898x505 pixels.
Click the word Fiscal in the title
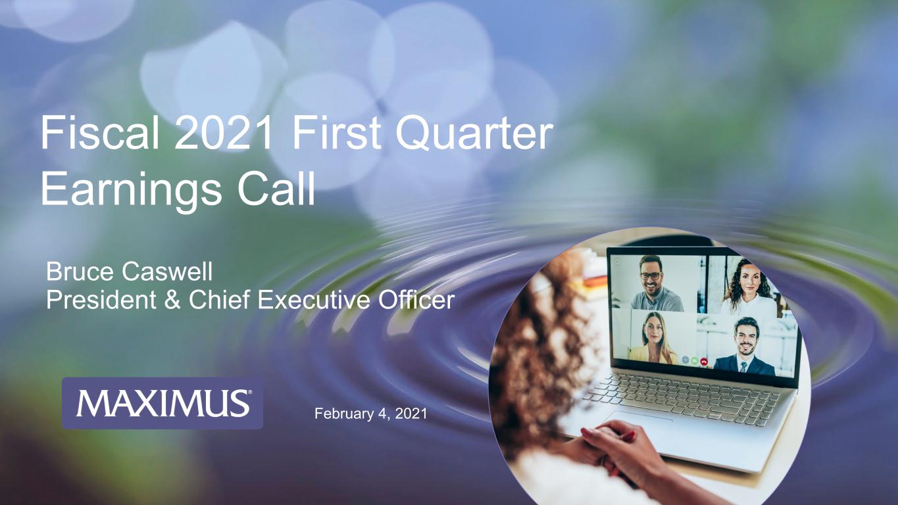[x=100, y=133]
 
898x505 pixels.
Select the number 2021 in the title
[x=223, y=133]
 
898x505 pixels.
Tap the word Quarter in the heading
[x=474, y=133]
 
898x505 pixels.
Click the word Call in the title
[x=276, y=187]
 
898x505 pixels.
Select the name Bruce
[x=80, y=272]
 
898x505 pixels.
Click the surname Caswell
[x=167, y=272]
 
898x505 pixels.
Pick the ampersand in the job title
[x=172, y=300]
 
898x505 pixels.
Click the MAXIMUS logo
[x=162, y=403]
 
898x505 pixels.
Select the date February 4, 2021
[x=371, y=413]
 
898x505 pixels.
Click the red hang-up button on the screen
[x=704, y=362]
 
